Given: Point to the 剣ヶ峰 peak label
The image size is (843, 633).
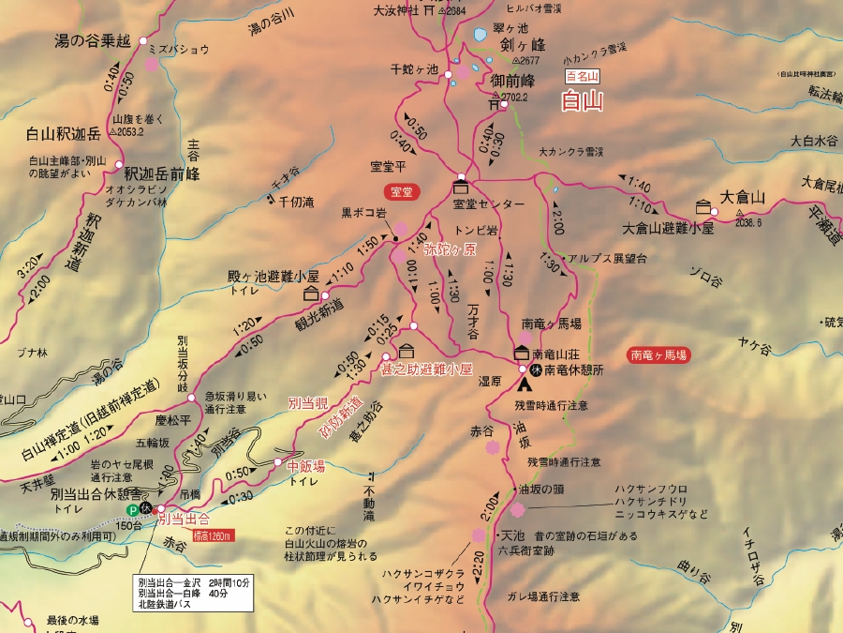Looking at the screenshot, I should pyautogui.click(x=522, y=44).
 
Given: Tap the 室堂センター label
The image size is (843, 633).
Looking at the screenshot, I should pyautogui.click(x=488, y=203).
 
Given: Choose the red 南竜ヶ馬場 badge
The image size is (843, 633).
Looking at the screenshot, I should pyautogui.click(x=659, y=355).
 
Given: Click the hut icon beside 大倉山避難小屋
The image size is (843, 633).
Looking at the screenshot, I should pyautogui.click(x=702, y=206).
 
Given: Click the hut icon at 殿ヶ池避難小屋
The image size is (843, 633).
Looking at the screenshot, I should pyautogui.click(x=311, y=294).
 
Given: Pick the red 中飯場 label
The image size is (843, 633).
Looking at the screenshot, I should pyautogui.click(x=305, y=465).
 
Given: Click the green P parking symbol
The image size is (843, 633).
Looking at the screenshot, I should pyautogui.click(x=133, y=510).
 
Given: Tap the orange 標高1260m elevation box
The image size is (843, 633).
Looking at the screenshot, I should pyautogui.click(x=213, y=535).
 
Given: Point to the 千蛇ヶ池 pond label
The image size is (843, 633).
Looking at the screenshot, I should pyautogui.click(x=414, y=69).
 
